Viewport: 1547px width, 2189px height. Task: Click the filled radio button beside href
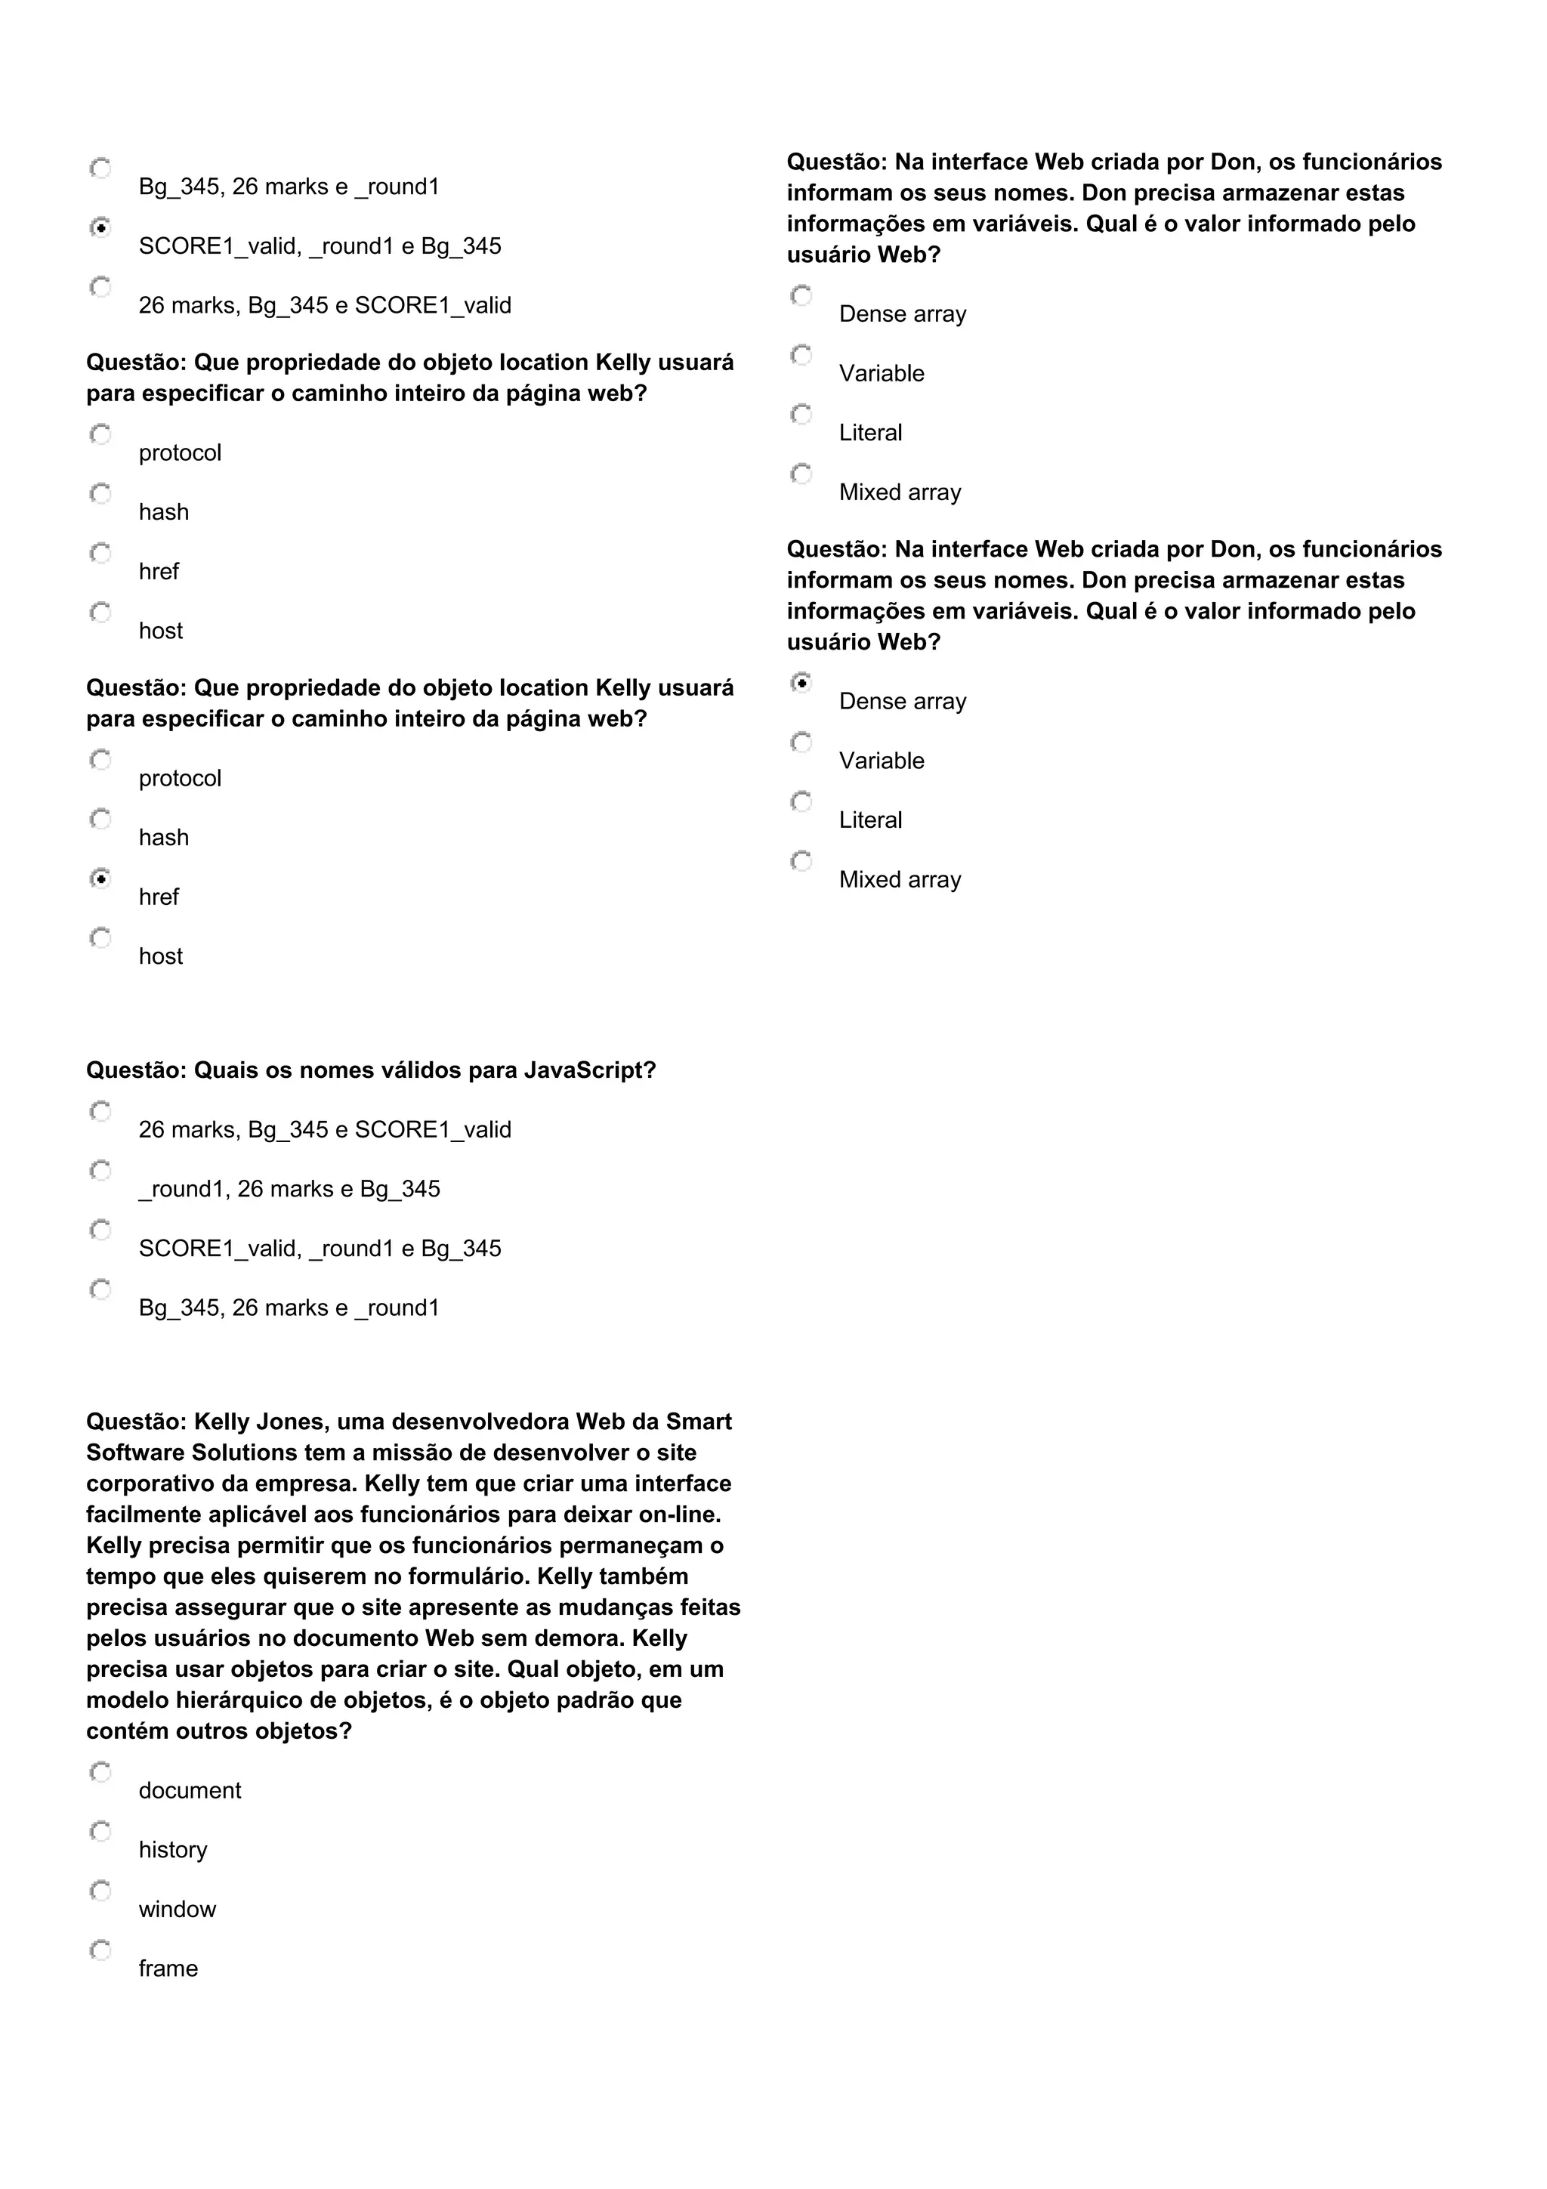(x=100, y=878)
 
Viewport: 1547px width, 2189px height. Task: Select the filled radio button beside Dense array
(x=801, y=683)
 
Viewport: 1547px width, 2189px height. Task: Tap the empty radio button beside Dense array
(x=801, y=295)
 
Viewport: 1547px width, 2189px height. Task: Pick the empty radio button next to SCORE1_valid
(x=100, y=1230)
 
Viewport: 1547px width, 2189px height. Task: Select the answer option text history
(x=172, y=1850)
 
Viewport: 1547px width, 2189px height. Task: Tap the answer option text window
(x=178, y=1909)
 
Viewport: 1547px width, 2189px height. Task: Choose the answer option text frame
(x=168, y=1968)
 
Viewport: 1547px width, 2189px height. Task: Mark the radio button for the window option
(x=100, y=1891)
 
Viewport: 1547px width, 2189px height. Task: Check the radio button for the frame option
(x=100, y=1950)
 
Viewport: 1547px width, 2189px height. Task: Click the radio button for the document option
(x=100, y=1772)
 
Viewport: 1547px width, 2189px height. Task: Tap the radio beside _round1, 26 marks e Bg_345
(x=100, y=1171)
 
